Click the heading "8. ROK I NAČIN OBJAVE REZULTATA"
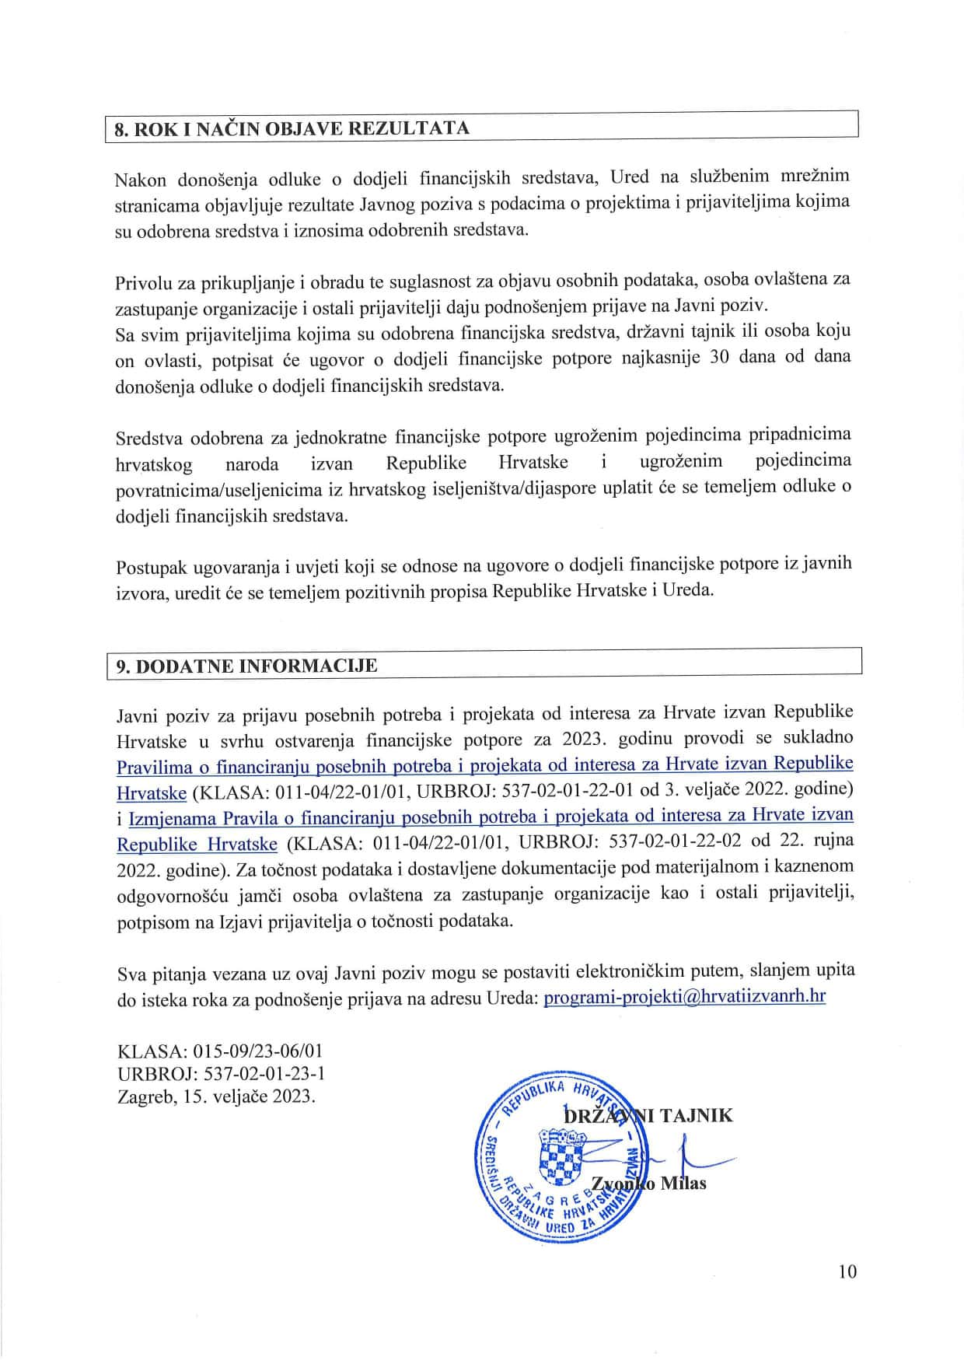[x=292, y=128]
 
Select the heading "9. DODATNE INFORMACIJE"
[x=246, y=666]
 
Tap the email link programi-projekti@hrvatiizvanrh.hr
[x=684, y=996]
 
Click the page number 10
[x=847, y=1271]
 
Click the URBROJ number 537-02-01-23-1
[x=264, y=1074]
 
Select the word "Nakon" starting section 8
[x=140, y=180]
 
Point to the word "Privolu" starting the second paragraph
[x=144, y=281]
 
